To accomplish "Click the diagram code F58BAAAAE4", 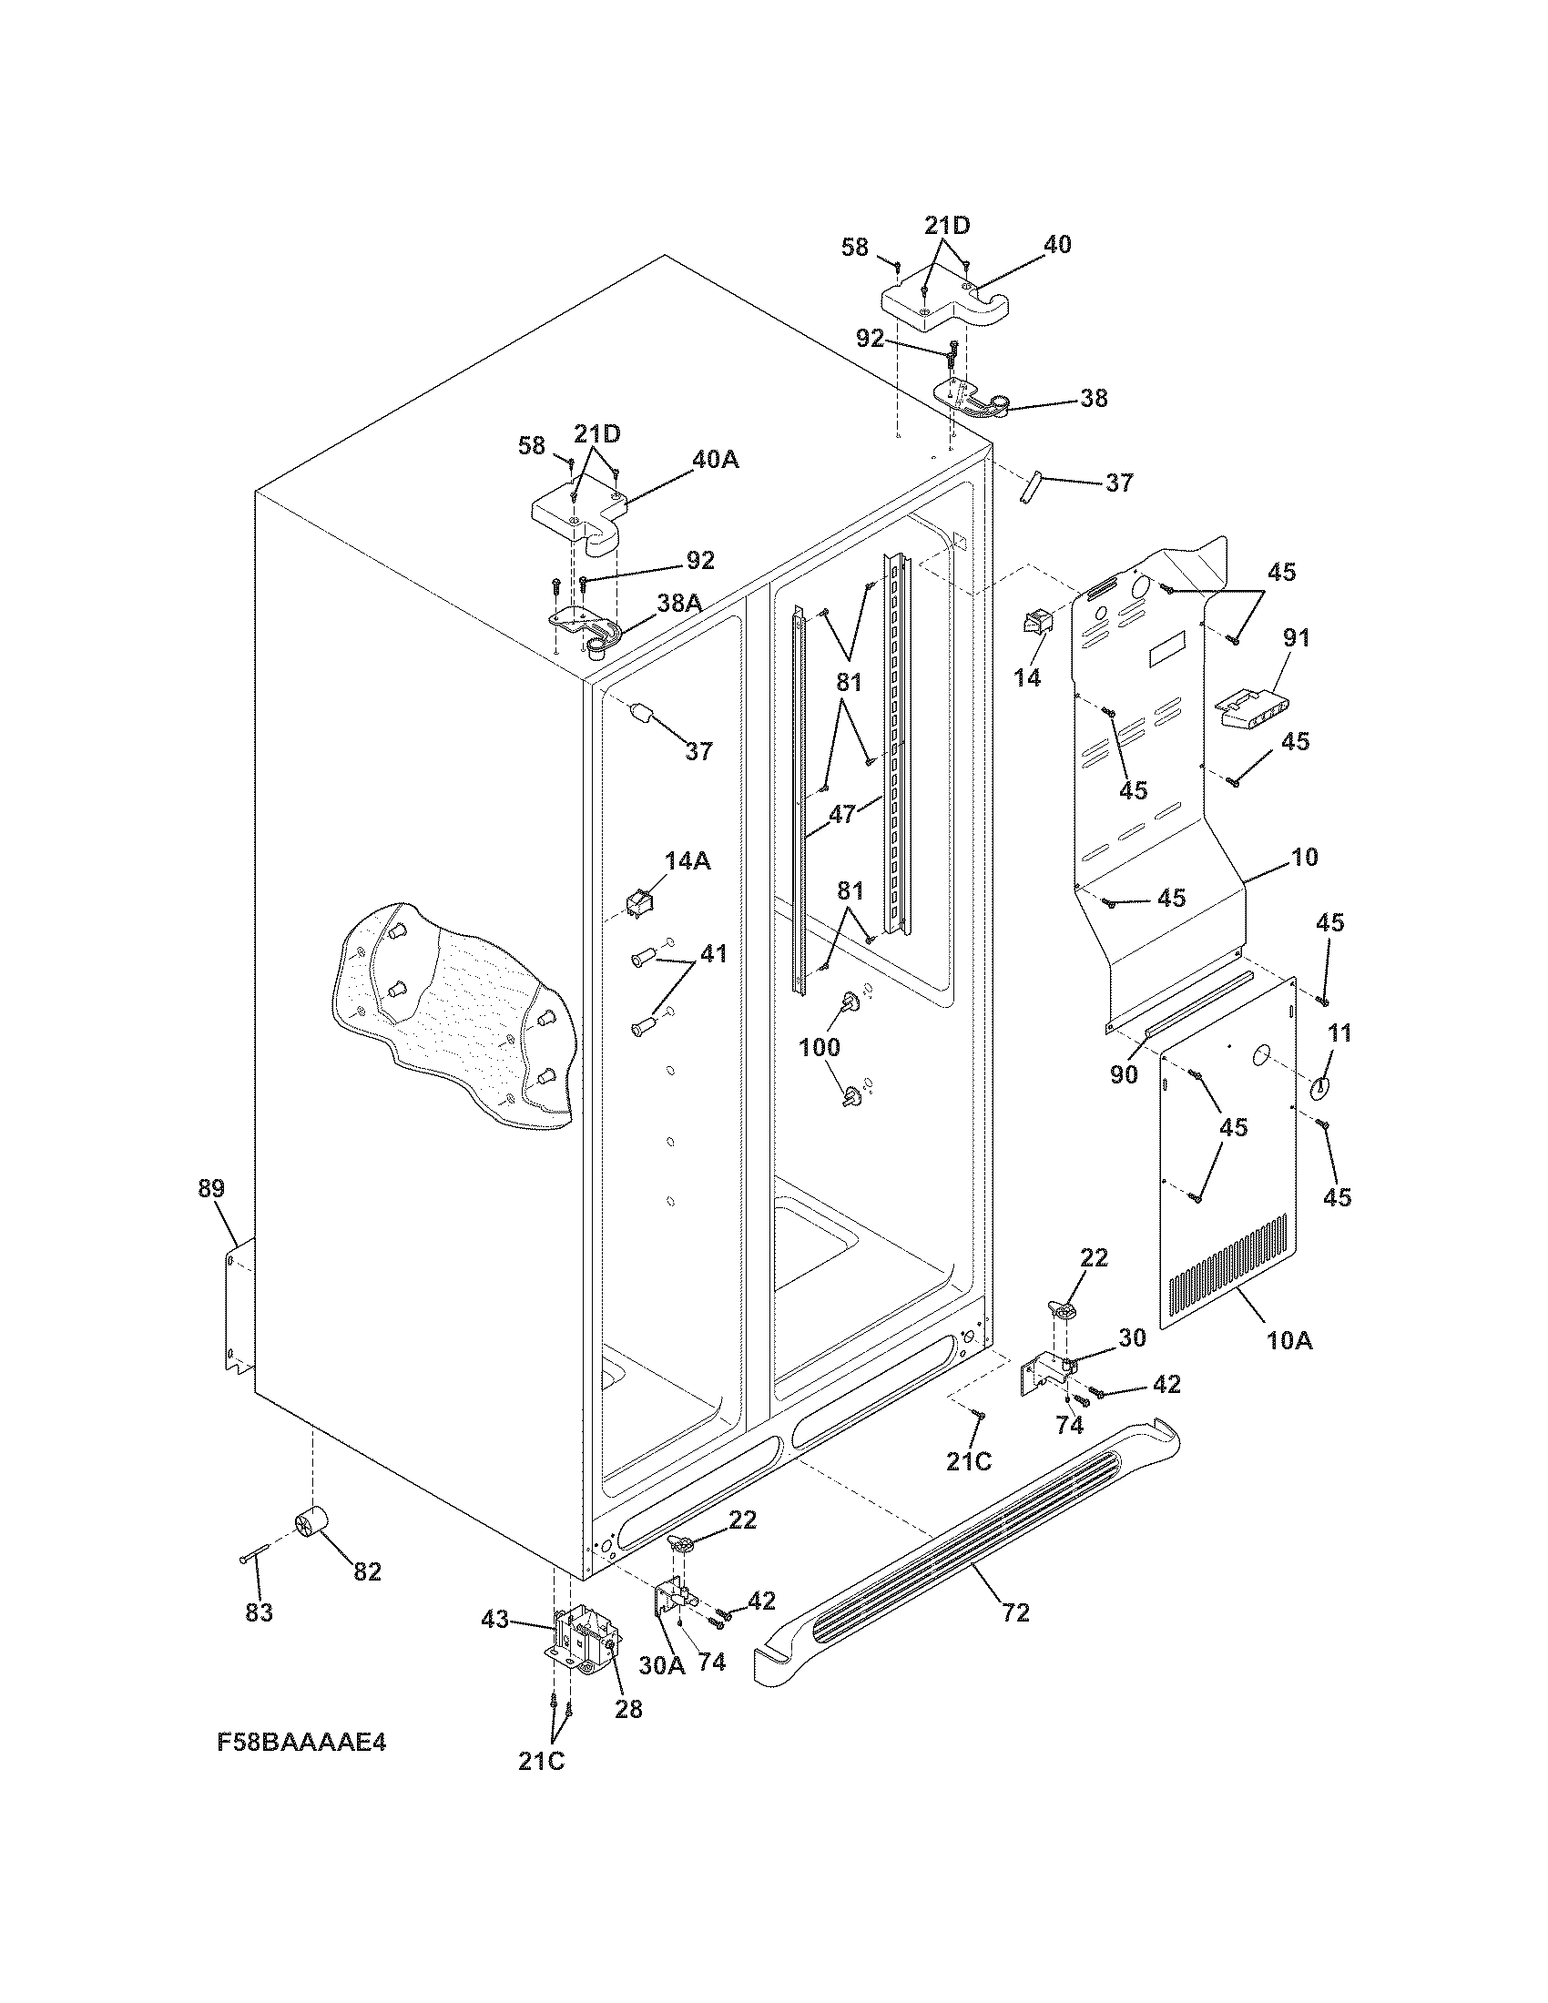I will point(300,1768).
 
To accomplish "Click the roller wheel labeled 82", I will point(311,1524).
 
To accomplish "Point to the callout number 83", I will point(260,1612).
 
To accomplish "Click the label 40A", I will point(715,460).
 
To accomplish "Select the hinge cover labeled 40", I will point(940,304).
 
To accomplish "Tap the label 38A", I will point(679,603).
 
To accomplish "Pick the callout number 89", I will point(211,1188).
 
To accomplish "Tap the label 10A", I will point(1290,1340).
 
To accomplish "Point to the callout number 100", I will point(820,1046).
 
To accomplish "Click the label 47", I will point(842,813).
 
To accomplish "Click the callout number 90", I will point(1124,1073).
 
